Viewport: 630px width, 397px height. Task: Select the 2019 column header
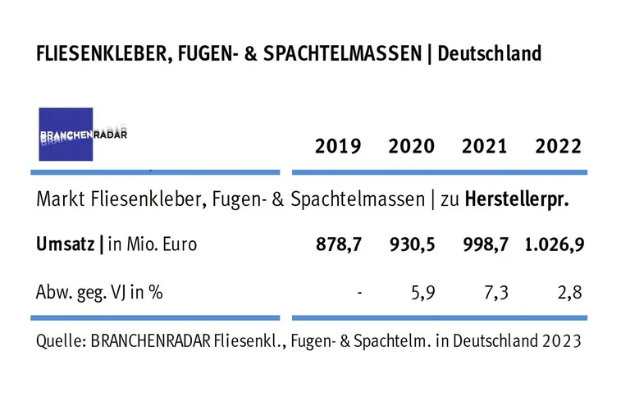[x=338, y=147]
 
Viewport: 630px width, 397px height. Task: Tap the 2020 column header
[x=412, y=147]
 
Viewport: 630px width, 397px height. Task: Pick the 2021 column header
[x=485, y=147]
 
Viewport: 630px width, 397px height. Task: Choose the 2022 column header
[x=558, y=147]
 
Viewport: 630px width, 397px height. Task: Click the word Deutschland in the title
[x=490, y=55]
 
